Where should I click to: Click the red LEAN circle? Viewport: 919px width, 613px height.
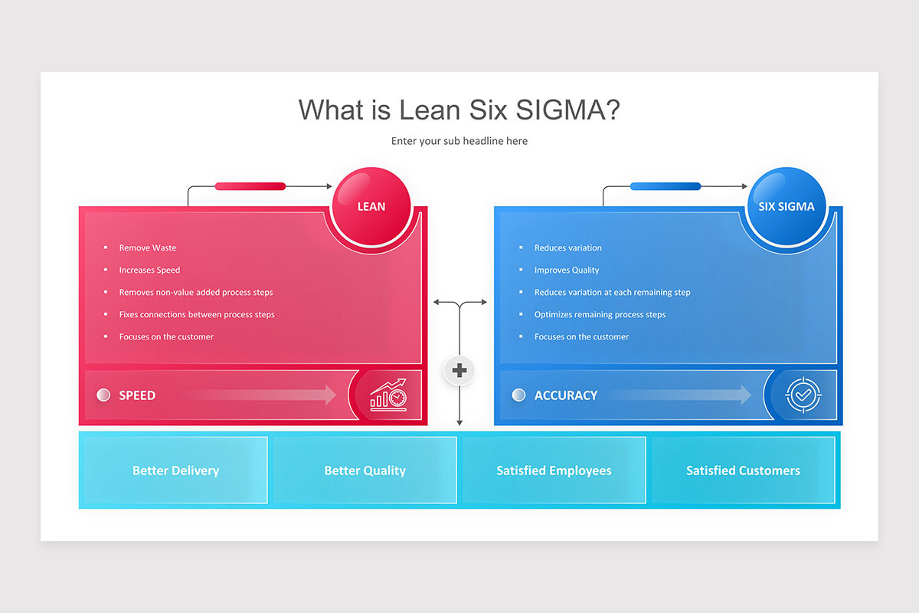(x=371, y=206)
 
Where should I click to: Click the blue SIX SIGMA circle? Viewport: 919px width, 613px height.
(x=787, y=206)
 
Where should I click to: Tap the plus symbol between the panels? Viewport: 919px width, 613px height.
(x=459, y=370)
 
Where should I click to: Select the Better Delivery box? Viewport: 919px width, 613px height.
(x=175, y=470)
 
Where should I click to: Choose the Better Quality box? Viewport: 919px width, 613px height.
(x=365, y=470)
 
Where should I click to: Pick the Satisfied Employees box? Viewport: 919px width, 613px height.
(x=554, y=470)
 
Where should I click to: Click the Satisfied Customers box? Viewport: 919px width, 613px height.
(x=743, y=470)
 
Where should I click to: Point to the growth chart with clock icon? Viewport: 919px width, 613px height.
(x=388, y=395)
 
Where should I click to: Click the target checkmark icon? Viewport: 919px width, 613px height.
(x=803, y=395)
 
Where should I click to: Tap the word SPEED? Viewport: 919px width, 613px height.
(x=137, y=395)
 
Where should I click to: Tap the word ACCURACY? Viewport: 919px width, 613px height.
(x=566, y=395)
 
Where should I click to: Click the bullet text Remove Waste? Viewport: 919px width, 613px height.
(x=148, y=247)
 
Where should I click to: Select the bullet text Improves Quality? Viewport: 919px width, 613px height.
(x=567, y=270)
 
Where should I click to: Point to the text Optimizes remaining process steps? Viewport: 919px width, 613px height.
(x=600, y=314)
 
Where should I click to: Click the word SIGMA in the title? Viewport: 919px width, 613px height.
(x=567, y=110)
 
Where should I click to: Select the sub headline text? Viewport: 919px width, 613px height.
(x=459, y=141)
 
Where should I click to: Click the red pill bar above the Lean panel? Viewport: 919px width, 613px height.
(x=250, y=186)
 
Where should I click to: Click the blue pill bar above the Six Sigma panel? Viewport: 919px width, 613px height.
(x=666, y=186)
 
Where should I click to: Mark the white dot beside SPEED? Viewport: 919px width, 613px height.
(x=103, y=395)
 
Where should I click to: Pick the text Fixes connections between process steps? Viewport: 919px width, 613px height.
(x=197, y=314)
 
